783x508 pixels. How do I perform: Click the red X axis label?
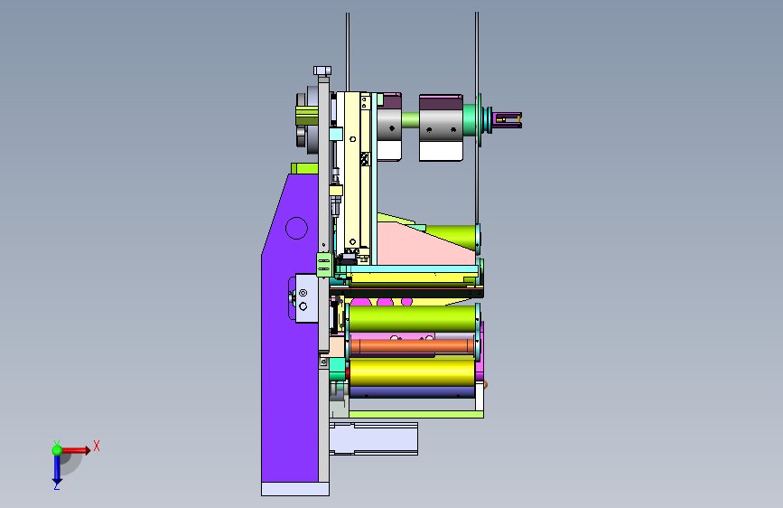[x=97, y=446]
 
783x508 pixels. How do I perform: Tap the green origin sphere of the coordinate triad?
[x=57, y=450]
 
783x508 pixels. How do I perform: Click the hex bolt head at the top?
[x=322, y=71]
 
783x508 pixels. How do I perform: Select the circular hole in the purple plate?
[x=296, y=228]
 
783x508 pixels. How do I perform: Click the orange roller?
[x=413, y=345]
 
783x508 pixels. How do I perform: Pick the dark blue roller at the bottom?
[x=413, y=392]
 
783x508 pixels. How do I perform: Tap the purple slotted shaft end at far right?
[x=508, y=119]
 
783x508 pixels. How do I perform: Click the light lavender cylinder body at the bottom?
[x=374, y=438]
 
